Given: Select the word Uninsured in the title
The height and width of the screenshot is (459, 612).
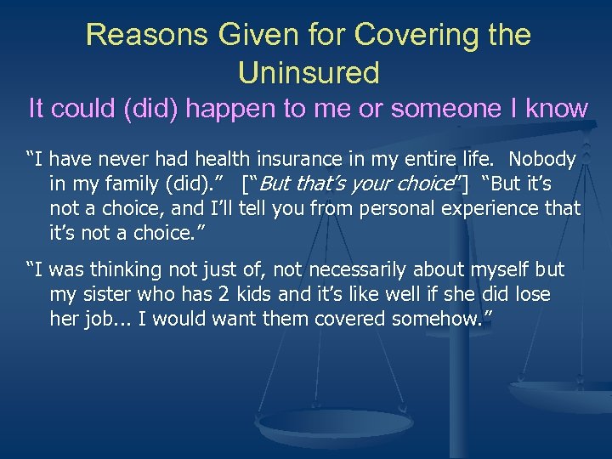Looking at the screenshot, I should click(x=309, y=73).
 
